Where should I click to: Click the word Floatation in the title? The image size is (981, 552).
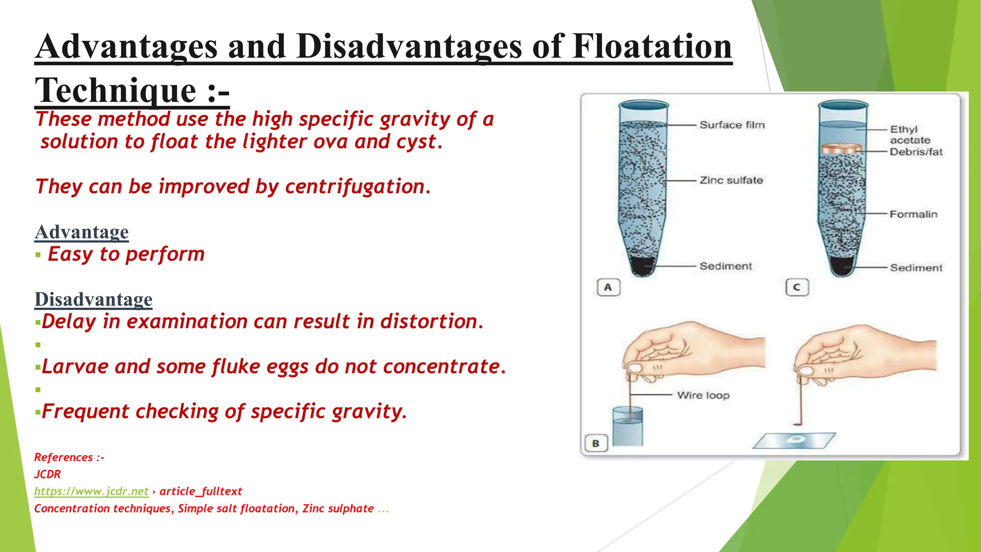pos(652,46)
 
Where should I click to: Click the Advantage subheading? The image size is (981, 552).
pos(81,232)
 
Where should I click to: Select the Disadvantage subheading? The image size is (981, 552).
pos(93,299)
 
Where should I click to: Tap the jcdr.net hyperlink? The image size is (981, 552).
pos(91,491)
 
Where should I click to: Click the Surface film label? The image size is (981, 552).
pos(732,125)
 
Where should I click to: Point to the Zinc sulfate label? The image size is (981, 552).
pos(731,180)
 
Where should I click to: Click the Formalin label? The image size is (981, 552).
pos(913,214)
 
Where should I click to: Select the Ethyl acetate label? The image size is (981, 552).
pos(909,135)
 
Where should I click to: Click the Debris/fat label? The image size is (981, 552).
pos(916,152)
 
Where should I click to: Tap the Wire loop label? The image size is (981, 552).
pos(703,395)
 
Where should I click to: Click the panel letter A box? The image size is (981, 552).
pos(608,287)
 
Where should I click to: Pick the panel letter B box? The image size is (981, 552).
pos(596,443)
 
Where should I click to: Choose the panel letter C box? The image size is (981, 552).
pos(797,287)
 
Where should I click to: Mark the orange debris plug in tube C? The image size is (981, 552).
pos(843,149)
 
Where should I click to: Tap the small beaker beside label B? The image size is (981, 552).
pos(627,426)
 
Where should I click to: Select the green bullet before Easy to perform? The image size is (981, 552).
pos(38,255)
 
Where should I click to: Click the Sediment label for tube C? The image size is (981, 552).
pos(916,268)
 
